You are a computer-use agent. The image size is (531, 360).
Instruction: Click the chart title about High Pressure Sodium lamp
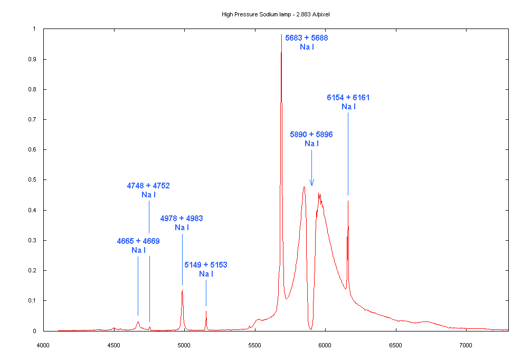pyautogui.click(x=276, y=14)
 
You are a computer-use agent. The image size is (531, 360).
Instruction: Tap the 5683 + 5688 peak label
pyautogui.click(x=307, y=38)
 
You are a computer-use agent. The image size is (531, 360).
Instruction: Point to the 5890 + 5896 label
pyautogui.click(x=311, y=135)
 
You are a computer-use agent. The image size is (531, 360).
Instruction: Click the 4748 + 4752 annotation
pyautogui.click(x=148, y=186)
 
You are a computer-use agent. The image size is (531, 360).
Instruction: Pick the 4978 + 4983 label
pyautogui.click(x=182, y=219)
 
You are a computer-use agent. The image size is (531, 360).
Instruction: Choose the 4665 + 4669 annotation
pyautogui.click(x=138, y=241)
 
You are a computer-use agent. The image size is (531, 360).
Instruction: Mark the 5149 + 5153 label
pyautogui.click(x=206, y=264)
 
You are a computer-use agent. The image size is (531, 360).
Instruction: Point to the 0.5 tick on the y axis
pyautogui.click(x=34, y=180)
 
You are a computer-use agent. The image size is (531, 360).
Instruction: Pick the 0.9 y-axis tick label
pyautogui.click(x=34, y=59)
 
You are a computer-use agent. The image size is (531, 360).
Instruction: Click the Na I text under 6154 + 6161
pyautogui.click(x=348, y=107)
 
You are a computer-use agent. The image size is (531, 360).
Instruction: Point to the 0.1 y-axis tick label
pyautogui.click(x=34, y=301)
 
